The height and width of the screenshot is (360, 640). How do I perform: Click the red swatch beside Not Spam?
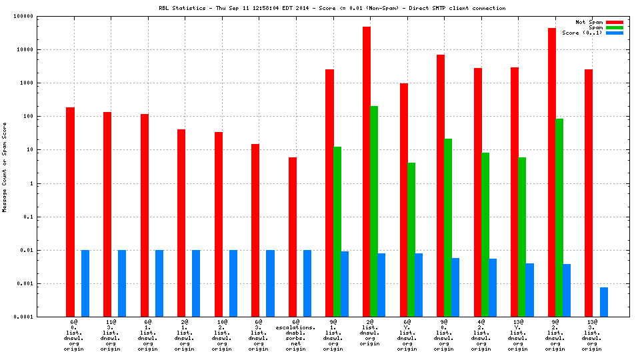(x=615, y=22)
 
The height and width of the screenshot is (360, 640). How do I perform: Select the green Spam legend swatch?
(x=615, y=27)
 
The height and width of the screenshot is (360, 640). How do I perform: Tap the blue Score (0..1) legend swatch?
(x=615, y=33)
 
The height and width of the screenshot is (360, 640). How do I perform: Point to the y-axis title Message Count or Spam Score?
(x=5, y=167)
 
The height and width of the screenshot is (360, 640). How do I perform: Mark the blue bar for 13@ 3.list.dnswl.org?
(x=604, y=302)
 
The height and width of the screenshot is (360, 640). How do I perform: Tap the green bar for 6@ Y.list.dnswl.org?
(x=411, y=239)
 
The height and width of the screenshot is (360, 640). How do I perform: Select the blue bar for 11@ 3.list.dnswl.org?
(x=122, y=283)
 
